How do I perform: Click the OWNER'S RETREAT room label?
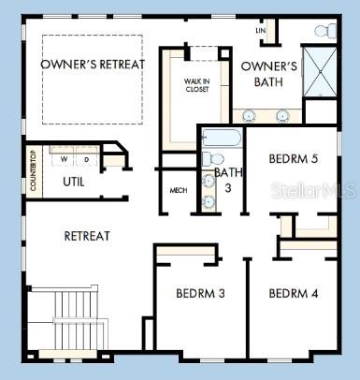(x=92, y=64)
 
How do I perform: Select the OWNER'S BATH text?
(x=269, y=74)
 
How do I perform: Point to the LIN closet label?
(x=262, y=31)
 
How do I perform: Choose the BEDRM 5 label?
(x=294, y=158)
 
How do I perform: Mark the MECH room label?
(x=178, y=191)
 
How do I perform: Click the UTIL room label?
(x=74, y=181)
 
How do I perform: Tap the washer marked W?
(x=65, y=159)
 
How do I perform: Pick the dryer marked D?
(x=86, y=159)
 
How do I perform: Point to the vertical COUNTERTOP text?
(x=33, y=170)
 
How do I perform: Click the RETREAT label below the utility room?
(x=87, y=236)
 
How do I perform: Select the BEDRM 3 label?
(x=200, y=294)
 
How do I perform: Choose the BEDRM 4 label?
(x=294, y=294)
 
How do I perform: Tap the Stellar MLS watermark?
(x=322, y=188)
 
